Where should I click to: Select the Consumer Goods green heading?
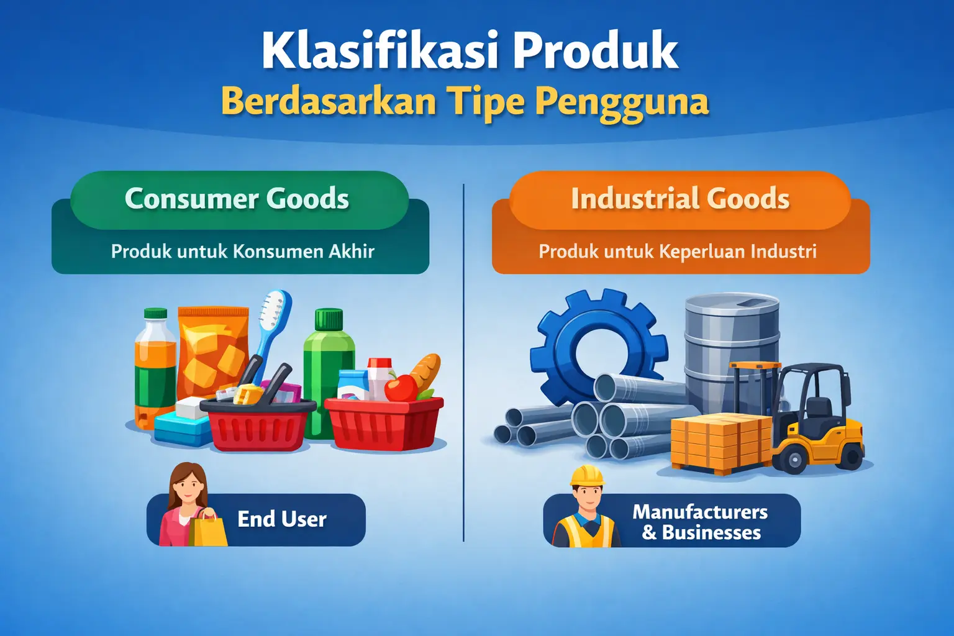coord(237,199)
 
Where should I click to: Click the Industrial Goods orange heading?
coord(680,199)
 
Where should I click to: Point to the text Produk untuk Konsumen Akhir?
coord(242,252)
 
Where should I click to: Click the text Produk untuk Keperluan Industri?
coord(677,252)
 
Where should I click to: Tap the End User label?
coord(281,519)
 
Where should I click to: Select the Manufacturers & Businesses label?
coord(700,522)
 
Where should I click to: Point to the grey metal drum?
coord(731,338)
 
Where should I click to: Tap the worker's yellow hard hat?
coord(587,476)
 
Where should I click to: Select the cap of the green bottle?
coord(329,319)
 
